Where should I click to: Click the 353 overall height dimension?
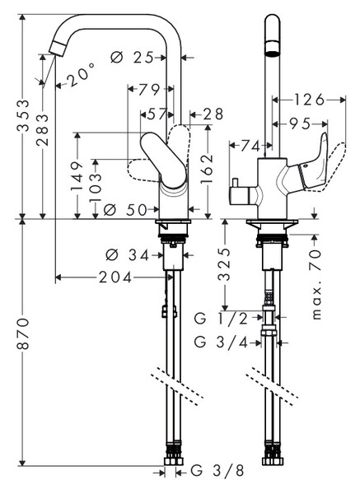pyautogui.click(x=23, y=115)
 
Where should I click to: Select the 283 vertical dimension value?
pyautogui.click(x=42, y=130)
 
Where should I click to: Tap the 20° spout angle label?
pyautogui.click(x=81, y=74)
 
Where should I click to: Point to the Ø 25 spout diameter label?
pyautogui.click(x=132, y=58)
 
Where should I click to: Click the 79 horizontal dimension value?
pyautogui.click(x=149, y=90)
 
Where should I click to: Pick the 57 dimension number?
pyautogui.click(x=157, y=114)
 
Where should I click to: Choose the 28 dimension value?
pyautogui.click(x=213, y=114)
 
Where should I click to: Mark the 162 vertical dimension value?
pyautogui.click(x=207, y=169)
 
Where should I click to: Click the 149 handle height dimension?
pyautogui.click(x=77, y=176)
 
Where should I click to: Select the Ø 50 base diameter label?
pyautogui.click(x=125, y=209)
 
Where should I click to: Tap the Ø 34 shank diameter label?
pyautogui.click(x=127, y=255)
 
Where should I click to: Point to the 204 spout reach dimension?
pyautogui.click(x=115, y=277)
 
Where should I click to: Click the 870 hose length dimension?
pyautogui.click(x=23, y=334)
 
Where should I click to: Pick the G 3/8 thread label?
pyautogui.click(x=217, y=471)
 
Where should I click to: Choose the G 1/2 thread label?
pyautogui.click(x=221, y=319)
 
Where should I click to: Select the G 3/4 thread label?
pyautogui.click(x=221, y=342)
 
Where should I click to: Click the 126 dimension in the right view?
pyautogui.click(x=309, y=100)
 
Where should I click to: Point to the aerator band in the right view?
pyautogui.click(x=273, y=48)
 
